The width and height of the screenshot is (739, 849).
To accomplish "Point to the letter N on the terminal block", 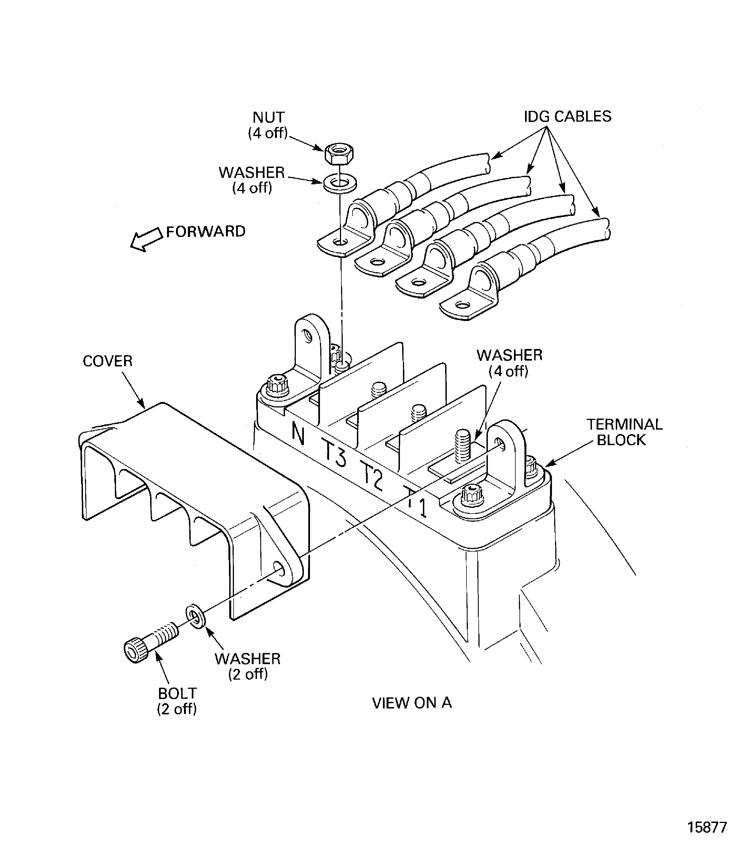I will pos(298,434).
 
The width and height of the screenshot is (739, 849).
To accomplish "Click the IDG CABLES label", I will pos(568,117).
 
